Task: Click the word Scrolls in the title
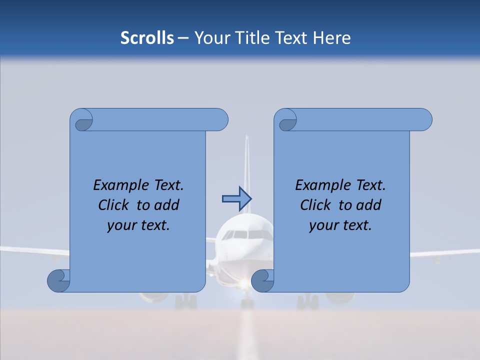click(x=147, y=38)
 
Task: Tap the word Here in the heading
click(x=332, y=38)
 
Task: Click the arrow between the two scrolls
click(x=236, y=198)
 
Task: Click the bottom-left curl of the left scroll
click(x=59, y=281)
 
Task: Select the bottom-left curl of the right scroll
click(x=262, y=281)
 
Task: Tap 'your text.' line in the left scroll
click(x=138, y=225)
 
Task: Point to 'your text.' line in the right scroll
click(x=340, y=225)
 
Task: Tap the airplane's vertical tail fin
click(x=246, y=165)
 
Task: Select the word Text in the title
click(x=292, y=38)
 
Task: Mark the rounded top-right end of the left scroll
click(x=220, y=120)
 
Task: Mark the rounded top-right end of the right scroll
click(x=424, y=120)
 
